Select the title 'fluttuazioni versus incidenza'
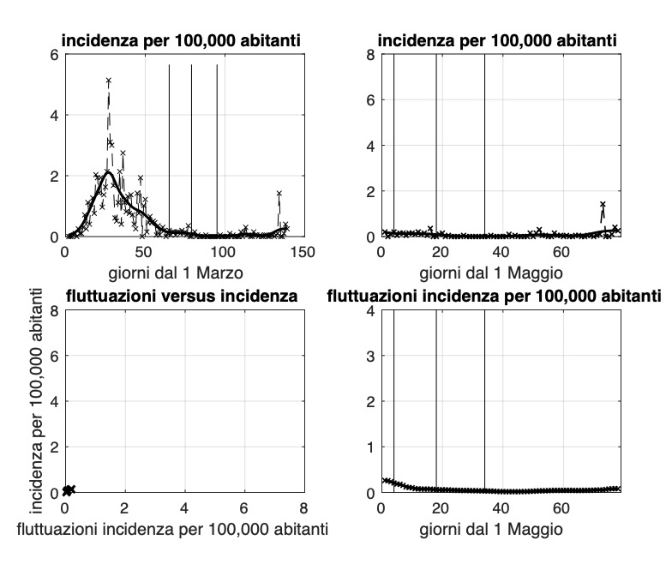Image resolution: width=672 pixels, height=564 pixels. [183, 297]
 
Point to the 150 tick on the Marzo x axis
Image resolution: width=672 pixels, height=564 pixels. [304, 253]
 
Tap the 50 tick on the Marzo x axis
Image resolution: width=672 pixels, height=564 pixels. [144, 253]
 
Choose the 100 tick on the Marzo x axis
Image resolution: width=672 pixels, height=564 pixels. [225, 253]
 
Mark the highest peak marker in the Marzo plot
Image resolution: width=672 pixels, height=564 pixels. [109, 81]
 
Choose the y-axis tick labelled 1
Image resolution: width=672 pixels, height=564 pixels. [369, 447]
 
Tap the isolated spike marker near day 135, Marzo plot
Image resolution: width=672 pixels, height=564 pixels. [279, 194]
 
